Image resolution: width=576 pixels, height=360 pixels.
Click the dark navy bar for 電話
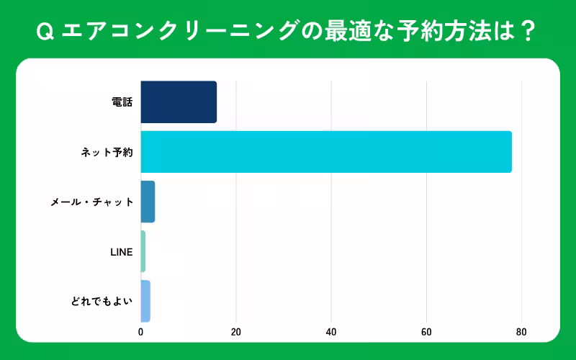pos(179,102)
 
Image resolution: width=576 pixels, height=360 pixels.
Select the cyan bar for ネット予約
pos(325,152)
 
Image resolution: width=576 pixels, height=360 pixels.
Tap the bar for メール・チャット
pos(148,202)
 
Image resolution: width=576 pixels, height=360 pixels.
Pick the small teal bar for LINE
pos(143,251)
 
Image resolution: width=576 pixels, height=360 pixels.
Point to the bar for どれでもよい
pos(145,301)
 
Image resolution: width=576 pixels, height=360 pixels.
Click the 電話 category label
pos(122,102)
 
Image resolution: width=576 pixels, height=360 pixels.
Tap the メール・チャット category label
pos(92,202)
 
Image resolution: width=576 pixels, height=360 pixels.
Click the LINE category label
pos(121,252)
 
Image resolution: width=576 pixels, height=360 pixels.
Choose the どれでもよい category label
pos(102,302)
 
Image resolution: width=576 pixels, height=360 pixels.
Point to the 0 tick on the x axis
pos(140,332)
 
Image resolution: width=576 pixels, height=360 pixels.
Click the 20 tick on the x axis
pos(235,332)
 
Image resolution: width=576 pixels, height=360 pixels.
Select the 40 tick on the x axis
pos(331,332)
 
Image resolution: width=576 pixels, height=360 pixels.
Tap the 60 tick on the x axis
pos(426,332)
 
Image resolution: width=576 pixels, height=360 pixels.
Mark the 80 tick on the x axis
pos(521,332)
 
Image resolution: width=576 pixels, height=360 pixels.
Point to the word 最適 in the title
pos(348,31)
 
